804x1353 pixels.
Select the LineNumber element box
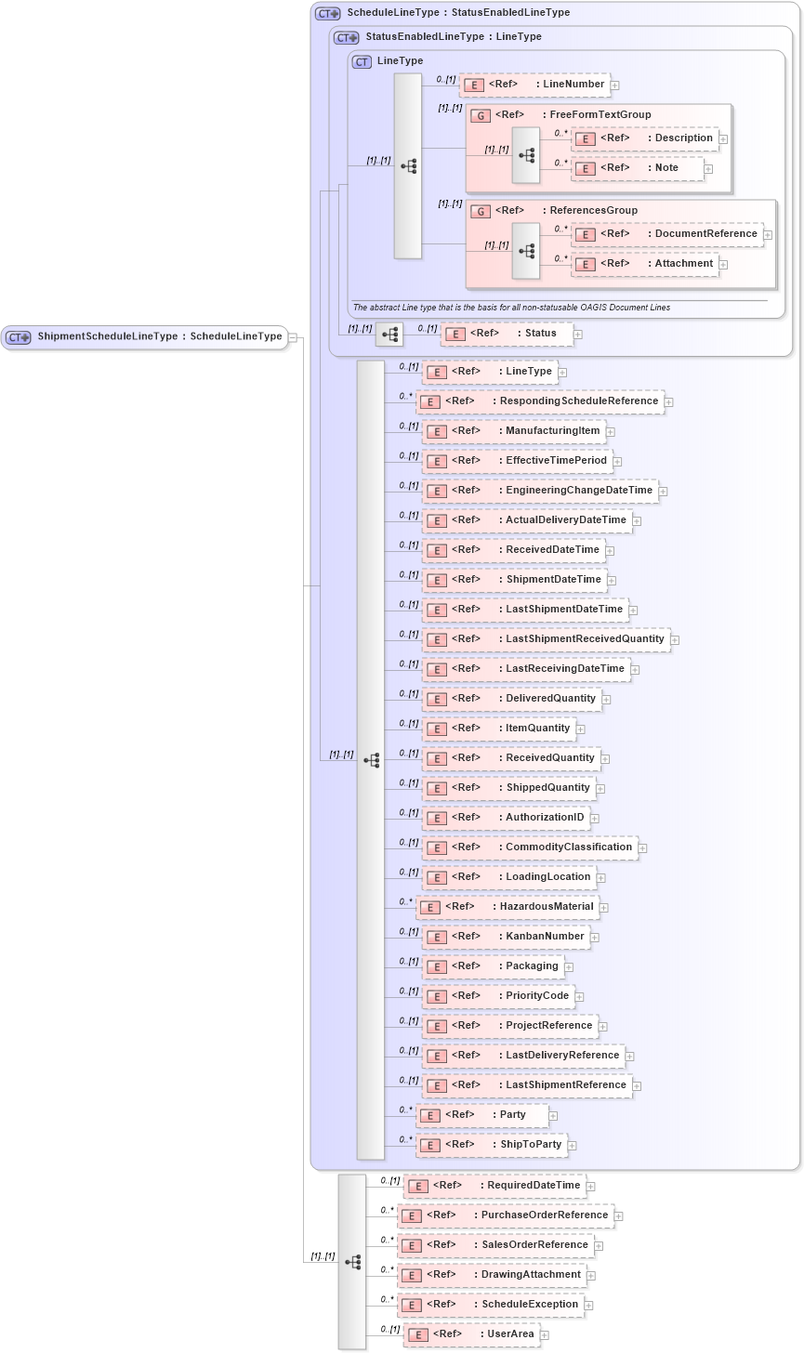point(535,85)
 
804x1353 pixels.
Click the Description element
point(646,138)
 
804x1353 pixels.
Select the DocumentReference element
point(667,234)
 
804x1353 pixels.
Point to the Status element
point(507,334)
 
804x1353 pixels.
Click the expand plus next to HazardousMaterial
point(604,907)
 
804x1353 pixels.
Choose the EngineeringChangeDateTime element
point(540,491)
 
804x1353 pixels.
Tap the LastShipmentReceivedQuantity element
point(546,639)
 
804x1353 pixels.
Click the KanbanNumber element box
point(507,937)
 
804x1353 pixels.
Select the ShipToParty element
point(492,1145)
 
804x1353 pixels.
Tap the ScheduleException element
point(491,1305)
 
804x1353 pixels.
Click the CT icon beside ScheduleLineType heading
point(328,13)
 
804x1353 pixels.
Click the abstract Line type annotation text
point(511,308)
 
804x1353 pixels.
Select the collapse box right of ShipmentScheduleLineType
point(292,337)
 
